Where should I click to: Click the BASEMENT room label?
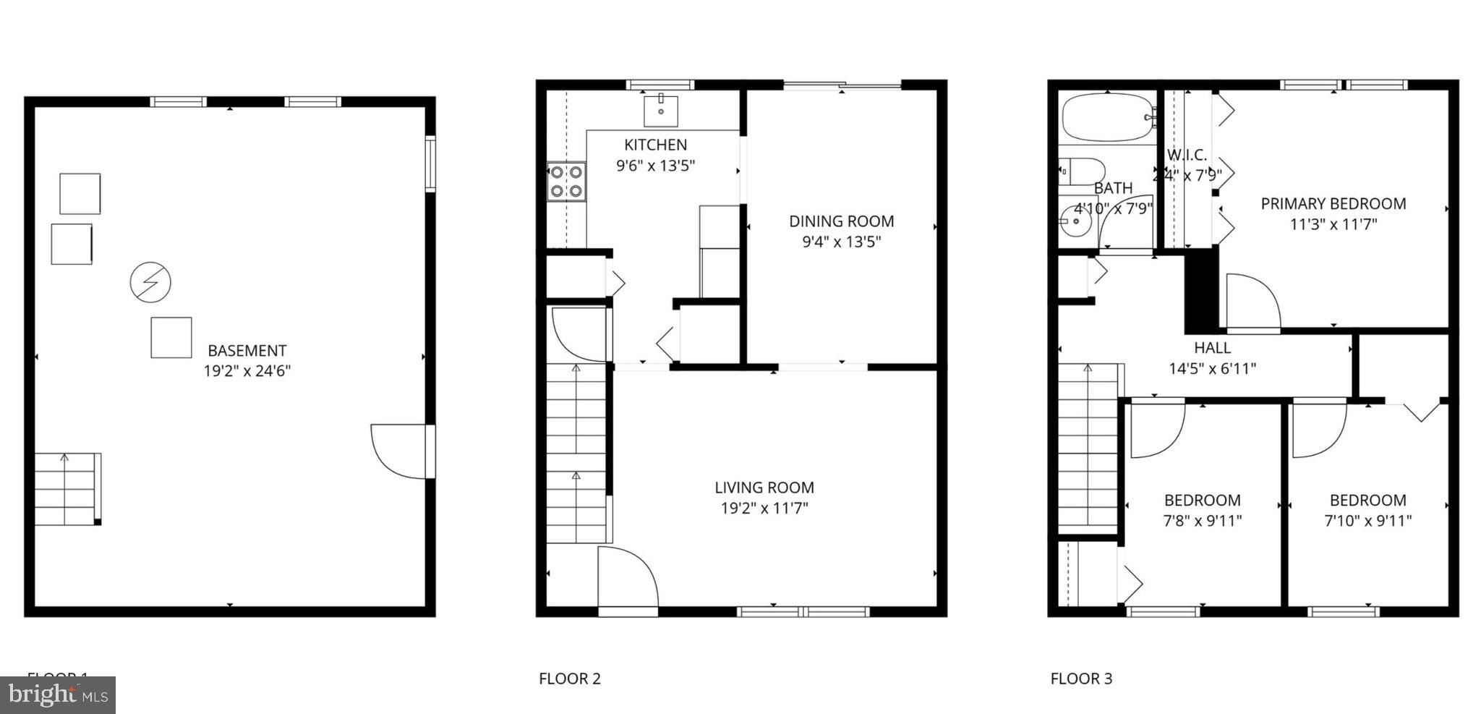[247, 351]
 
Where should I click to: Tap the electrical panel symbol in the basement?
[150, 281]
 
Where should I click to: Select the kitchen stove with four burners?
[566, 182]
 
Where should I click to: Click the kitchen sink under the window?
[660, 110]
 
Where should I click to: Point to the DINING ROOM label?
[841, 221]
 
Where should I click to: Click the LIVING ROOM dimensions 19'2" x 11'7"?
[764, 508]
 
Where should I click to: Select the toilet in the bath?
[1083, 172]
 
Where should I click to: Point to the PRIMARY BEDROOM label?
[1333, 204]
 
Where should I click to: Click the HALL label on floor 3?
[1212, 348]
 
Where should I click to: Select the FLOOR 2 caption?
[569, 679]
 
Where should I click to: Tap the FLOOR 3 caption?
[1081, 679]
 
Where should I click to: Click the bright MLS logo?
[58, 695]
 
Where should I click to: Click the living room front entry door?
[626, 579]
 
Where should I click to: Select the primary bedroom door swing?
[1252, 303]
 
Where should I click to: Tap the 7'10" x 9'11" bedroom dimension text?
[1367, 520]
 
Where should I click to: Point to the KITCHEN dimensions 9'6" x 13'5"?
[655, 166]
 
